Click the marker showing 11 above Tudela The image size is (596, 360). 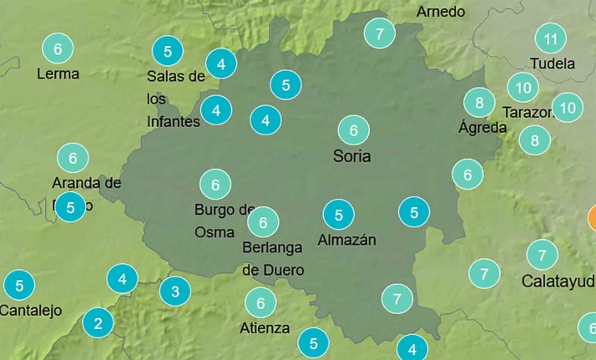(x=550, y=38)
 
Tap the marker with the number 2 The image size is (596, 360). (x=98, y=322)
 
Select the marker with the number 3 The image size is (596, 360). (x=174, y=292)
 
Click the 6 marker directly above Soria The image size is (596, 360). (x=353, y=130)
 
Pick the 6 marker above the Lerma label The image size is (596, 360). (x=57, y=48)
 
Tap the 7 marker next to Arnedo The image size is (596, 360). (x=380, y=33)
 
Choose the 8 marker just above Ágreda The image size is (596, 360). (x=479, y=103)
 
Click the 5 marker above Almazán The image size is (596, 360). (x=338, y=215)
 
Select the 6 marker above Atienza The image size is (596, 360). (x=260, y=302)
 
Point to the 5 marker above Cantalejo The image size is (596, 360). (x=19, y=286)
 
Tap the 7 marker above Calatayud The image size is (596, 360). (x=542, y=254)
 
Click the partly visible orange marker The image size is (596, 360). (x=592, y=219)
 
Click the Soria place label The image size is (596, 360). (x=351, y=156)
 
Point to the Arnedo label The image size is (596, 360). (x=441, y=12)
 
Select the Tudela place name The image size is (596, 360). (x=553, y=63)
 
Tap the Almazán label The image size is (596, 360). (x=347, y=241)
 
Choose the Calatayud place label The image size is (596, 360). (x=558, y=281)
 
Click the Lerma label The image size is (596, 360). (x=58, y=74)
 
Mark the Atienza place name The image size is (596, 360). (x=265, y=328)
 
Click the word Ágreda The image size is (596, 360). (x=482, y=128)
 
